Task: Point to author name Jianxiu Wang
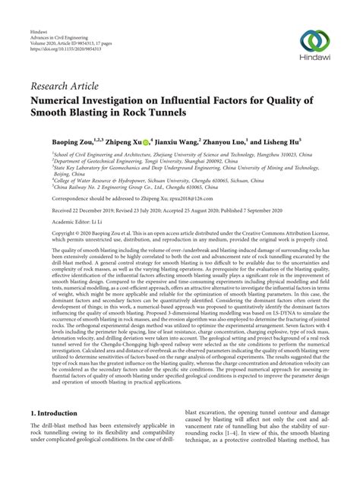pos(157,141)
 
